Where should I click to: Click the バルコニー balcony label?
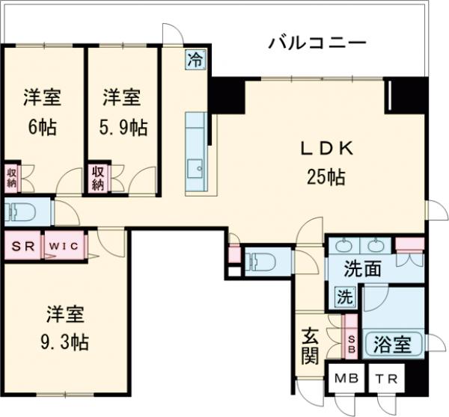tap(317, 43)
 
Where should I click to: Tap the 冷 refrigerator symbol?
tap(195, 59)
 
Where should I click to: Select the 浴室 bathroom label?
tap(391, 345)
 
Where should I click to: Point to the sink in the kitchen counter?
tap(197, 169)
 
